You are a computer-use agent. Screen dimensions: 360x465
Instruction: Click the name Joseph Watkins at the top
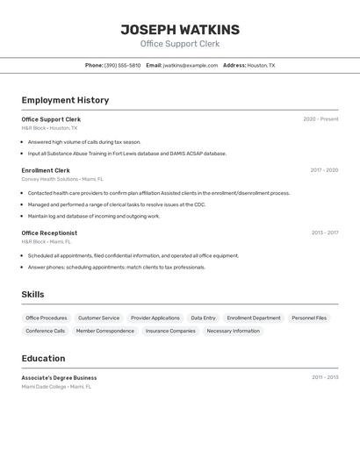point(180,30)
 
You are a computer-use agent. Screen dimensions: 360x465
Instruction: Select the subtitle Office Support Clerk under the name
point(180,44)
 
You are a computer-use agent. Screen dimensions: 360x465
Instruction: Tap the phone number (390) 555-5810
point(122,65)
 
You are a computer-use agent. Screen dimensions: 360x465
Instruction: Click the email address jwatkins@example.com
point(191,65)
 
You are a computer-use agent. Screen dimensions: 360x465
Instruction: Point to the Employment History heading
point(65,100)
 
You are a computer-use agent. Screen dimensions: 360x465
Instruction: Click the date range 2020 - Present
point(320,119)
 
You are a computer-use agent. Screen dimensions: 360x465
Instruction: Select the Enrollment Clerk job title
point(46,170)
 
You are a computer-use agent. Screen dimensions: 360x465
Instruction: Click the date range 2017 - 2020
point(324,170)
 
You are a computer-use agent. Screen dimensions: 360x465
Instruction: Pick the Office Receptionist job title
point(49,232)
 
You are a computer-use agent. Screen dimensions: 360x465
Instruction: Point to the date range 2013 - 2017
point(324,232)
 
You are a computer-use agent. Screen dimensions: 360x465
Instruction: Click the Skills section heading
point(32,295)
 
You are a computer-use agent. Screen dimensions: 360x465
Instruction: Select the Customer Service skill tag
point(98,318)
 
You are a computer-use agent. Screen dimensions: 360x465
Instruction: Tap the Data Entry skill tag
point(203,318)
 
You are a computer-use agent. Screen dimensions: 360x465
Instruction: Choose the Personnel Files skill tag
point(309,318)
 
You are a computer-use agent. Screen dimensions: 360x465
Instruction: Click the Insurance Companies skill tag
point(170,331)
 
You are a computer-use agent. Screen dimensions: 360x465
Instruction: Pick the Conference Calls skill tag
point(46,331)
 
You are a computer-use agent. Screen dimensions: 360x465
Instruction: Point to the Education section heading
point(43,358)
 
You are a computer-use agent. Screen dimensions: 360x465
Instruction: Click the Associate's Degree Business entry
point(59,377)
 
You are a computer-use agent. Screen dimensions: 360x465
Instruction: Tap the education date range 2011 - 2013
point(325,377)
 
